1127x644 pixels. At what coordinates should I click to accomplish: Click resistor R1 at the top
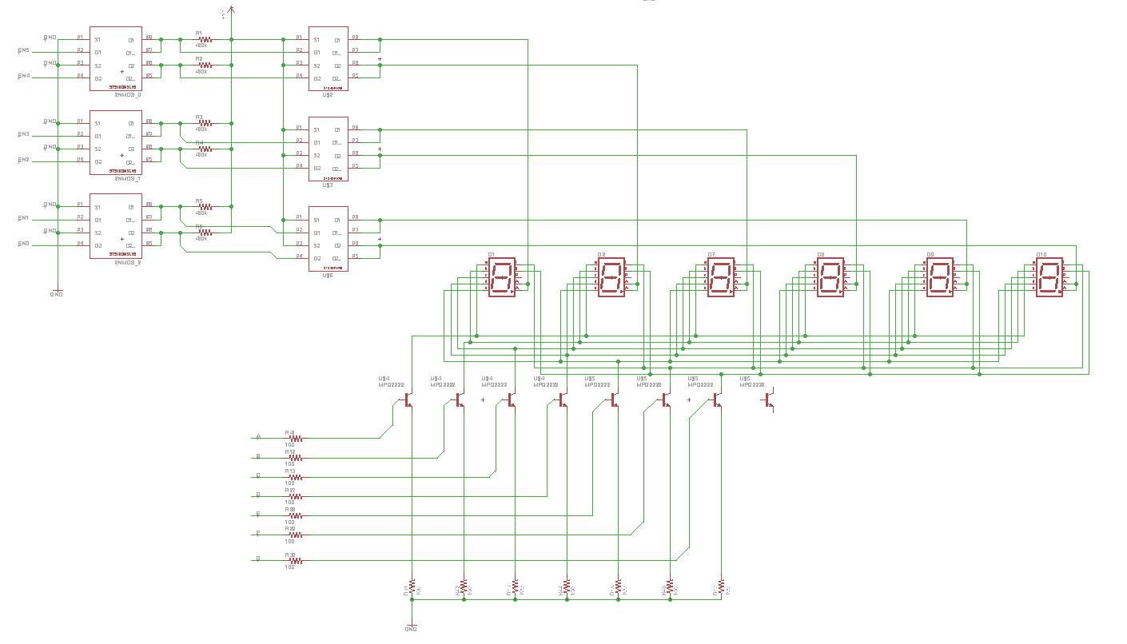tap(205, 39)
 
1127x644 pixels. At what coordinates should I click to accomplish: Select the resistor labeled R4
tap(205, 149)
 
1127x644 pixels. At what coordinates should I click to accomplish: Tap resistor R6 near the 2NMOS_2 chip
tap(205, 233)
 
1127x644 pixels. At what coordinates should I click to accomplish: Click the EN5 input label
tap(23, 50)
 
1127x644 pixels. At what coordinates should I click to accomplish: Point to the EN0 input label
tap(23, 244)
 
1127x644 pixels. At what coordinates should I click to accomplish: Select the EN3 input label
tap(23, 134)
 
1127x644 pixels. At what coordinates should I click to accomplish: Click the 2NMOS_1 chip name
tap(127, 178)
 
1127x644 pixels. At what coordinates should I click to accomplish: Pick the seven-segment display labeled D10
tap(1050, 278)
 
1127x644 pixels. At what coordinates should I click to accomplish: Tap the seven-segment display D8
tap(831, 278)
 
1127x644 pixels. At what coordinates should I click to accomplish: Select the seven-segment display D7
tap(722, 278)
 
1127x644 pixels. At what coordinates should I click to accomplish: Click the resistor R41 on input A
tap(295, 439)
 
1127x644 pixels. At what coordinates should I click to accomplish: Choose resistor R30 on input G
tap(295, 561)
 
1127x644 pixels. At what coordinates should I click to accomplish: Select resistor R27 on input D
tap(295, 496)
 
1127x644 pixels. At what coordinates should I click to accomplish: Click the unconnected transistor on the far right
tap(769, 399)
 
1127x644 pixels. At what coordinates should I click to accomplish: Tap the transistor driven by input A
tap(408, 399)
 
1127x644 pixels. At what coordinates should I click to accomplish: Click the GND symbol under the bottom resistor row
tap(412, 627)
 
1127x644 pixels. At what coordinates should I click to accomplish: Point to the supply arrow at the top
tap(231, 10)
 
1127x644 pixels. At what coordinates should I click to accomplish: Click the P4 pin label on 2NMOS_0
tap(80, 76)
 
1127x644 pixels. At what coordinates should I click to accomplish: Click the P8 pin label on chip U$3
tap(355, 128)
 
